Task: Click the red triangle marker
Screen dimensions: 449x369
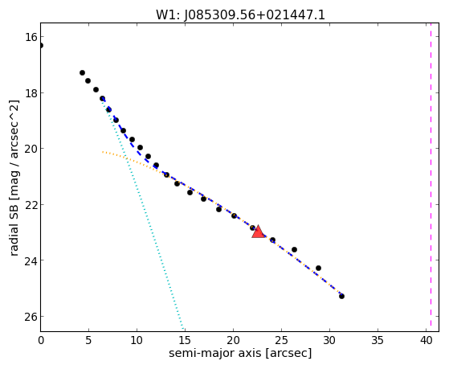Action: coord(259,232)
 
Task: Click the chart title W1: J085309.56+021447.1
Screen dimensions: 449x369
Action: coord(240,15)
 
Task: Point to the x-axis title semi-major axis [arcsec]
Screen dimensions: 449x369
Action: coord(240,353)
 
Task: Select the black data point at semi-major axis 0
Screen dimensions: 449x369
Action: coord(41,45)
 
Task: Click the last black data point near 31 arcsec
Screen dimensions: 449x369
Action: coord(341,296)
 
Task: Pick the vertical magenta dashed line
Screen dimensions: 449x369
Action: coord(431,177)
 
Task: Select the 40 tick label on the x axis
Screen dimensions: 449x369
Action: coord(426,340)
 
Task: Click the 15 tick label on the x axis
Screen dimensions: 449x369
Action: coord(185,340)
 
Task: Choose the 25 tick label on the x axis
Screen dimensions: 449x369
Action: coord(281,340)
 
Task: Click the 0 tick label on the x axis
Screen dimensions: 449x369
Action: coord(41,340)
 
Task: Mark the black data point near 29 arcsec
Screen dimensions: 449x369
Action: coord(318,268)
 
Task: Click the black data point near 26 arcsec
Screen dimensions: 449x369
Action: coord(294,250)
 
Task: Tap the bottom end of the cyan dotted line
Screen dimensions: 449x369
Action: coord(183,330)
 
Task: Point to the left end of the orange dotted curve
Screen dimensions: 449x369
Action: coord(103,152)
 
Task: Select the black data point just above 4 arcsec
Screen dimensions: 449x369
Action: coord(82,73)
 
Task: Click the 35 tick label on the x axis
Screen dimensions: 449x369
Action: coord(378,340)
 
